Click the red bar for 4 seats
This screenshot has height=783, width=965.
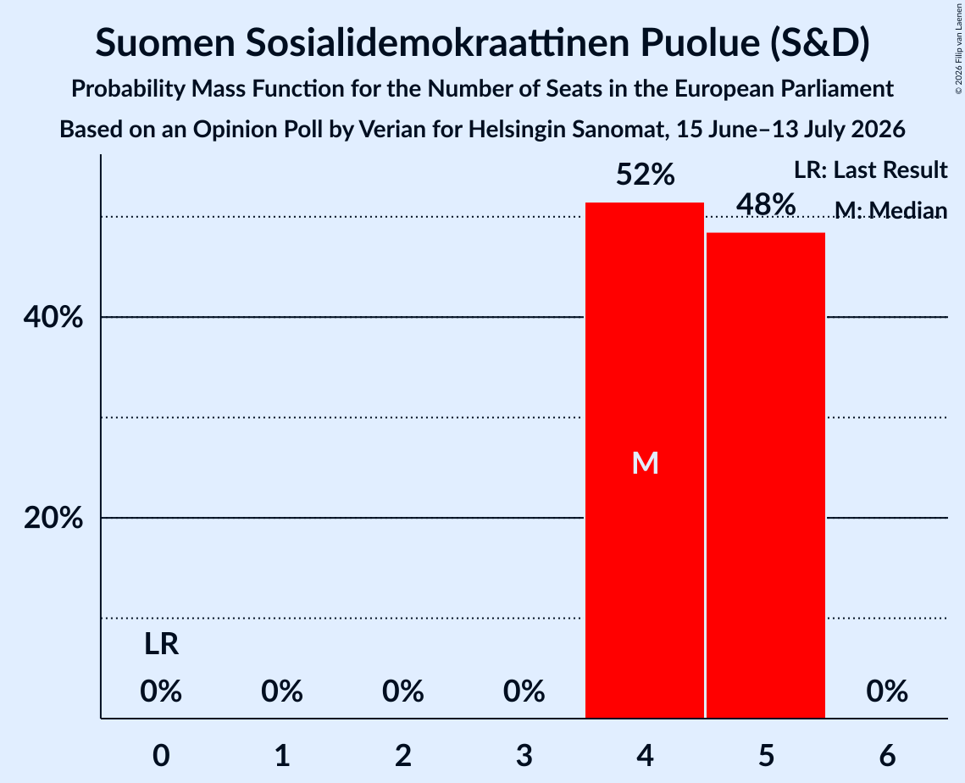[645, 460]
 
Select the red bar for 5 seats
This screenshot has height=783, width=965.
[766, 475]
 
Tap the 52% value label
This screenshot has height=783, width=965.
[645, 175]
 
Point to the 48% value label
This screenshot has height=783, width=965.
[766, 204]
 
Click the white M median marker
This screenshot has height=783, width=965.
[645, 463]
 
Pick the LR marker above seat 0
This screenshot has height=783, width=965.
[161, 645]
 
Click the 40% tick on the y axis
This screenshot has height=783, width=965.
[53, 318]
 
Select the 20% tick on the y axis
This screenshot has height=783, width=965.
[53, 519]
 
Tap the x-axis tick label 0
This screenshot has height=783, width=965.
[161, 756]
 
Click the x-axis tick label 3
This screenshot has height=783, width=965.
[524, 756]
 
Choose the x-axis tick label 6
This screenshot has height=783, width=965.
[887, 756]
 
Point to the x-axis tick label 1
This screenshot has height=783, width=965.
[282, 756]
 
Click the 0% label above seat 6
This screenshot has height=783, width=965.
[887, 691]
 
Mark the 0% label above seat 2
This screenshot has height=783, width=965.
[403, 691]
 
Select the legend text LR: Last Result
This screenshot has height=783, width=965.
[870, 169]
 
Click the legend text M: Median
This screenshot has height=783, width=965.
[890, 210]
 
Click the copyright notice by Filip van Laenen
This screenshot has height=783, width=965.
[958, 48]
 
